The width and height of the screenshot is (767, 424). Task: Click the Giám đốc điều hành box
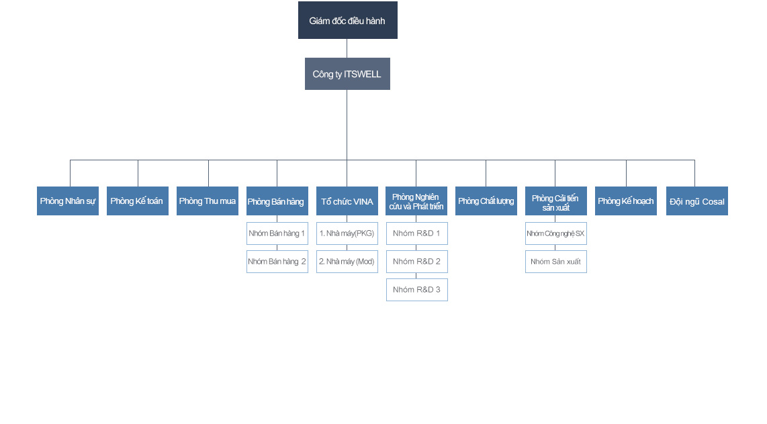coord(347,20)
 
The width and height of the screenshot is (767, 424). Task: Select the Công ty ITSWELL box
coord(347,74)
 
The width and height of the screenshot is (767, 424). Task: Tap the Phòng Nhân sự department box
coord(68,201)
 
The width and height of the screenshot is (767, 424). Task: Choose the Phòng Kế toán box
coord(137,201)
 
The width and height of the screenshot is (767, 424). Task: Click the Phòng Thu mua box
coord(208,201)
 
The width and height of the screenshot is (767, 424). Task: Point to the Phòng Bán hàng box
coord(277,201)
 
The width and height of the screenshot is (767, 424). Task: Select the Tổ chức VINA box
coord(347,201)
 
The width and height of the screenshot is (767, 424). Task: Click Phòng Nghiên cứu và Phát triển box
coord(416,201)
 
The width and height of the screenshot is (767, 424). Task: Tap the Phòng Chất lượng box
coord(486,201)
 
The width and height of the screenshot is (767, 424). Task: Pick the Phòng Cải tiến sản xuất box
coord(555,201)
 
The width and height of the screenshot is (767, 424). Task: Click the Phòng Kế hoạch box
coord(626,201)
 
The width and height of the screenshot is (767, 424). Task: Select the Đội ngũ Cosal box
coord(696,201)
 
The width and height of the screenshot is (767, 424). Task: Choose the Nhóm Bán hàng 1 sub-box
coord(277,233)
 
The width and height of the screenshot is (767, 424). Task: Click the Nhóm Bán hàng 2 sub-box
coord(277,262)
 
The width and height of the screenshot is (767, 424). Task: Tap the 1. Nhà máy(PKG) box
coord(347,233)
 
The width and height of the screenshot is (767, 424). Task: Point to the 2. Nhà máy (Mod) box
coord(347,262)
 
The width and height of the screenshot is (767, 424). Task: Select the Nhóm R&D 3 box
coord(416,290)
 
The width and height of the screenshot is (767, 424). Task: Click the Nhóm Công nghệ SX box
coord(555,233)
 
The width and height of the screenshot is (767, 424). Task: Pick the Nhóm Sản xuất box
coord(555,262)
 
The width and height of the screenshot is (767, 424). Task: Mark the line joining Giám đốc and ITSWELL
coord(347,48)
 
